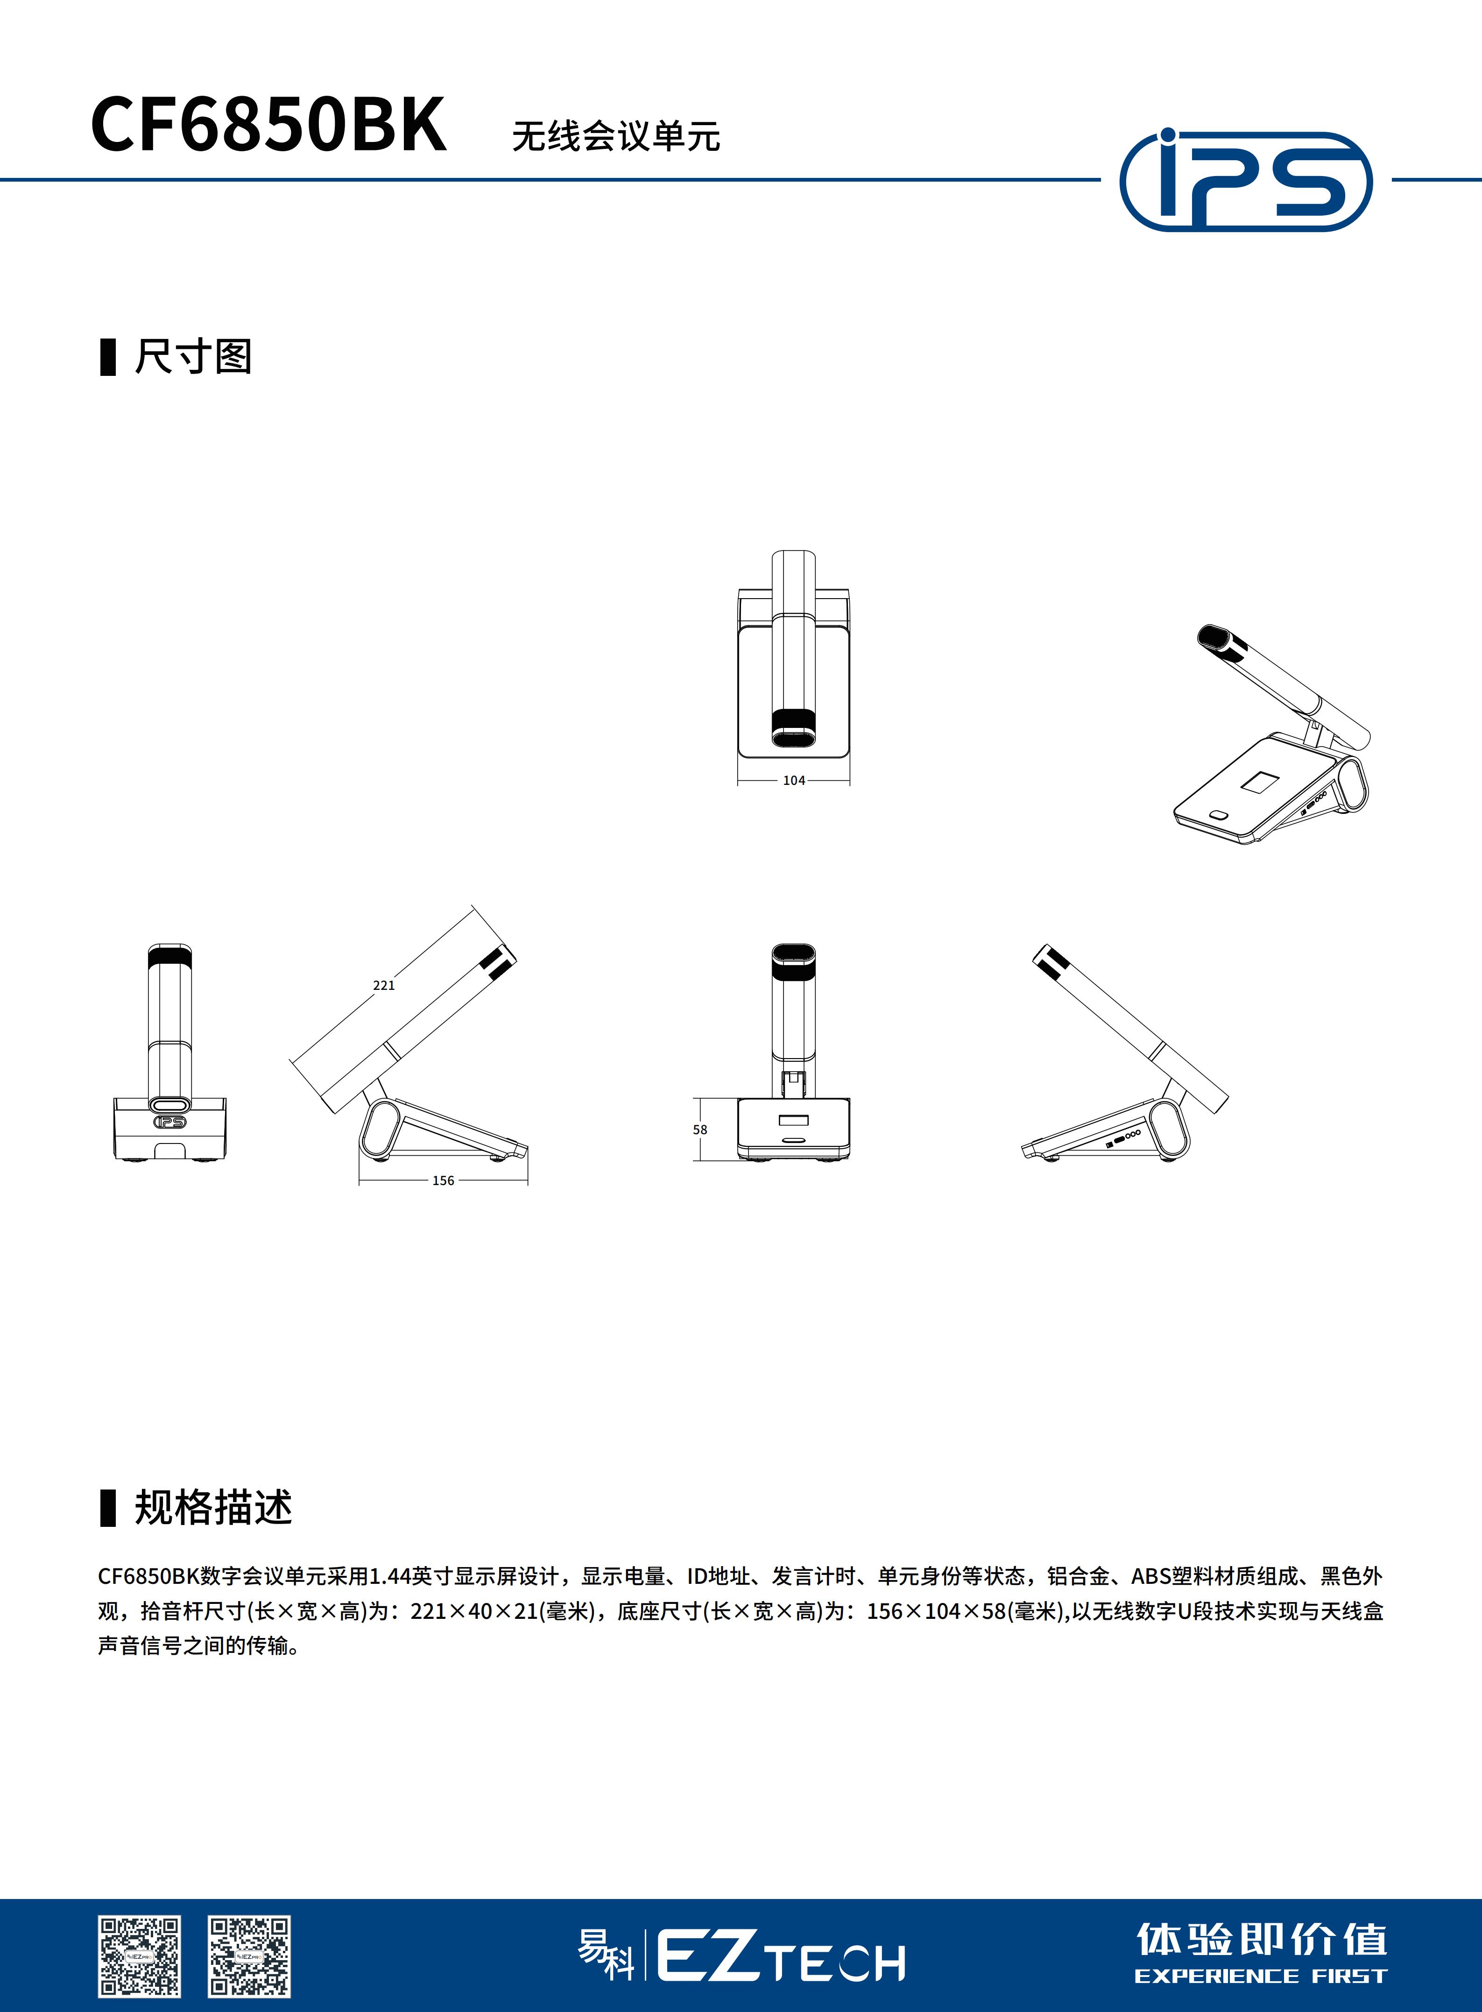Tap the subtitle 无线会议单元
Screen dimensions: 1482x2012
coord(615,136)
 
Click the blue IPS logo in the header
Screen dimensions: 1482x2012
coord(1246,179)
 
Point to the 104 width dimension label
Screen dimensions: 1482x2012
coord(794,780)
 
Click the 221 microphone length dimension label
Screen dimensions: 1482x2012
coord(384,985)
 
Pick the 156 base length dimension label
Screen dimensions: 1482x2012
coord(443,1180)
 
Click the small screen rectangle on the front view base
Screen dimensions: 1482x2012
coord(794,1120)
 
